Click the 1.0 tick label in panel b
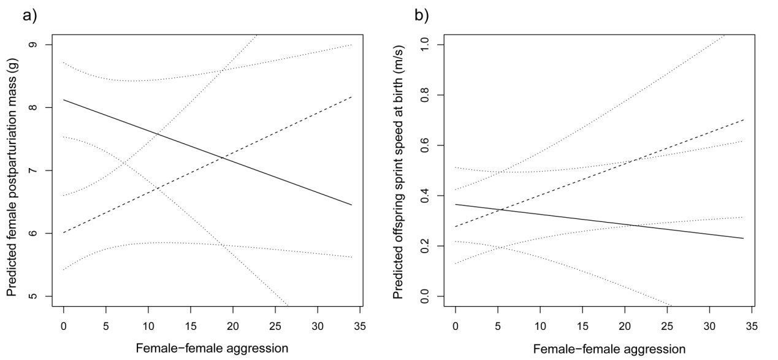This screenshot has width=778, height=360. click(x=433, y=45)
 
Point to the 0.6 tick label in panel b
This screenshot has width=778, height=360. click(x=433, y=145)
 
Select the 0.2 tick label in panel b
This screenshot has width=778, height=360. click(x=433, y=246)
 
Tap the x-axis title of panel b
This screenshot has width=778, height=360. click(x=600, y=349)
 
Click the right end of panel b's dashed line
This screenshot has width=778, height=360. click(x=743, y=120)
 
